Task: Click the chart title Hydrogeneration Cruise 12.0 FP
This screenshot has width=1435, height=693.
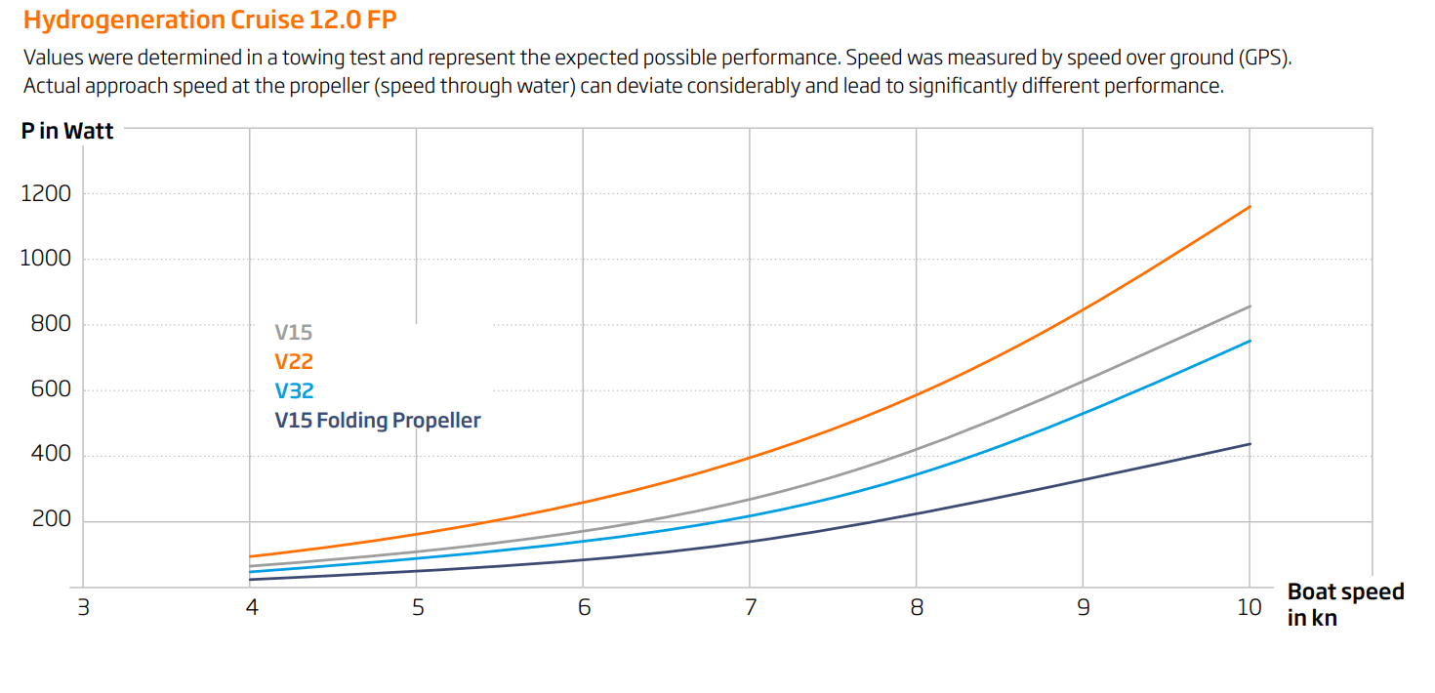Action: [x=209, y=20]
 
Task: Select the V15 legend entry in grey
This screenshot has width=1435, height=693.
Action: [x=293, y=333]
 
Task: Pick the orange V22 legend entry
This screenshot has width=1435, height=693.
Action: [x=293, y=362]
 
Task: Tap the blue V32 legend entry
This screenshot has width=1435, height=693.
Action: [x=293, y=391]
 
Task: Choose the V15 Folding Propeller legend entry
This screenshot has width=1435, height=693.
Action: [x=378, y=421]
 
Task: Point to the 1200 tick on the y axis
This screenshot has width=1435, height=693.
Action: [x=46, y=193]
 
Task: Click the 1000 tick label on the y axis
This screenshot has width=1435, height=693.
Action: [x=46, y=259]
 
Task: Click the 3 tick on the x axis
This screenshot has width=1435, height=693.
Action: [x=84, y=607]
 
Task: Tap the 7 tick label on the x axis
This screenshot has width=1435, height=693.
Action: [x=750, y=607]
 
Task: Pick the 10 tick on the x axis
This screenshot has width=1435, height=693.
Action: [x=1250, y=607]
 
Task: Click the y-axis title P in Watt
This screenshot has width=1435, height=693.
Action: [x=67, y=131]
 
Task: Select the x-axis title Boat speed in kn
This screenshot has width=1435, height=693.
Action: [x=1345, y=604]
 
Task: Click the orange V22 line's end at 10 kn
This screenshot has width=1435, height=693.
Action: [x=1250, y=206]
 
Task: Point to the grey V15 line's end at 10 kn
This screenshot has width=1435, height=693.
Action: [x=1250, y=306]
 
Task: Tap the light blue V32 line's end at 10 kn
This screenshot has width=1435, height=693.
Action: [x=1250, y=341]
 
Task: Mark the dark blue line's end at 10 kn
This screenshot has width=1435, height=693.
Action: [x=1250, y=444]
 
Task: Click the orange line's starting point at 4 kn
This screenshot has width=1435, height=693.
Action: [x=251, y=556]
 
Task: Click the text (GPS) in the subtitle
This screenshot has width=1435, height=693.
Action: [x=1264, y=57]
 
